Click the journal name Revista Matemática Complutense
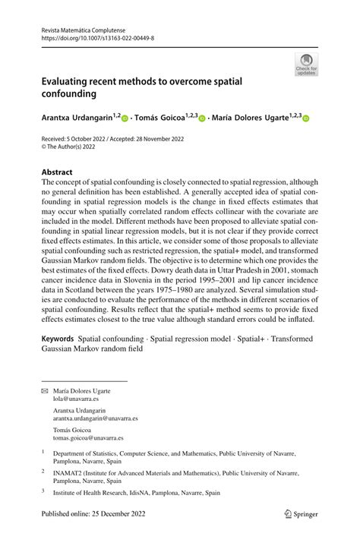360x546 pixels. pos(86,27)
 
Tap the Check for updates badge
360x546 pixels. pos(306,64)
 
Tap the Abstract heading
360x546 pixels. pos(57,172)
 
